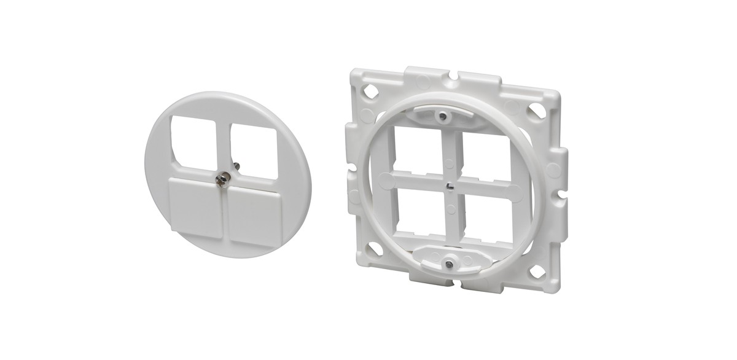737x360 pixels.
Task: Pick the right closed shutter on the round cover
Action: coord(254,213)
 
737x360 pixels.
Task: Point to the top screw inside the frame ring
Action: coord(442,115)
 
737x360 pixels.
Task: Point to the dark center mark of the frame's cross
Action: coord(450,183)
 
